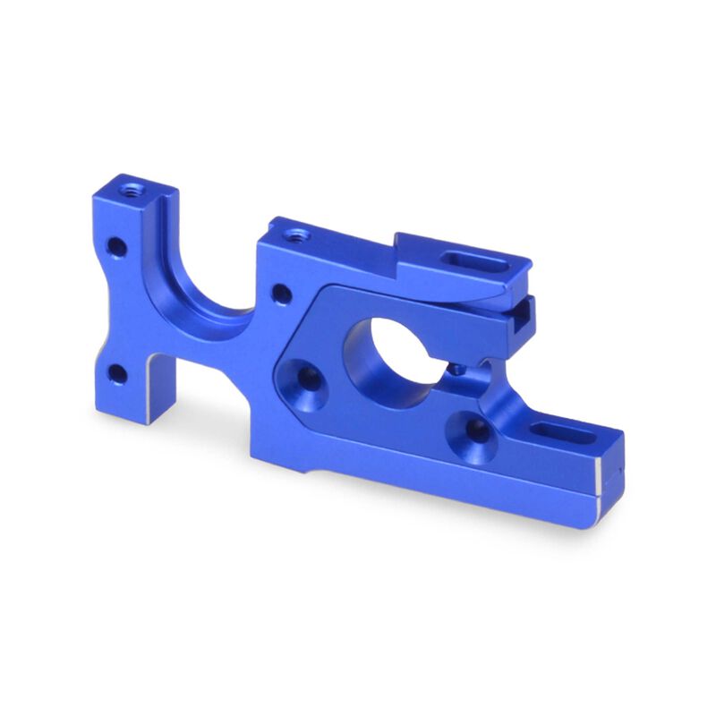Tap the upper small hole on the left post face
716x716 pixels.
tap(115, 243)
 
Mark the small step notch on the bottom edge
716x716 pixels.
tap(309, 465)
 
